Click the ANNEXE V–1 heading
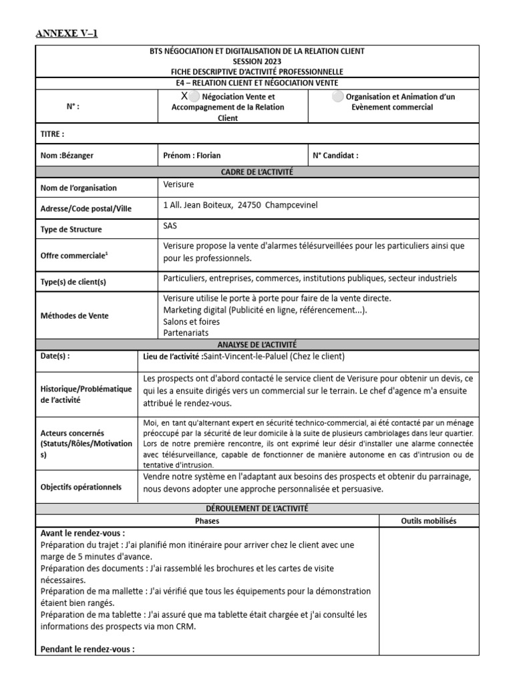coord(66,33)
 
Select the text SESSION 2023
coord(257,61)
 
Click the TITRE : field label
coord(53,134)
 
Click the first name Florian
coord(207,156)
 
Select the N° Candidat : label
coord(335,156)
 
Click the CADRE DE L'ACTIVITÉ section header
coord(257,172)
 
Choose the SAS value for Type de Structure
coord(170,226)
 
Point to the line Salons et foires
coord(191,321)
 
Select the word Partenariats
coord(186,332)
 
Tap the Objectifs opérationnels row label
coord(81,487)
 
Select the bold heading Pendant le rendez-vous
coord(88,649)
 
